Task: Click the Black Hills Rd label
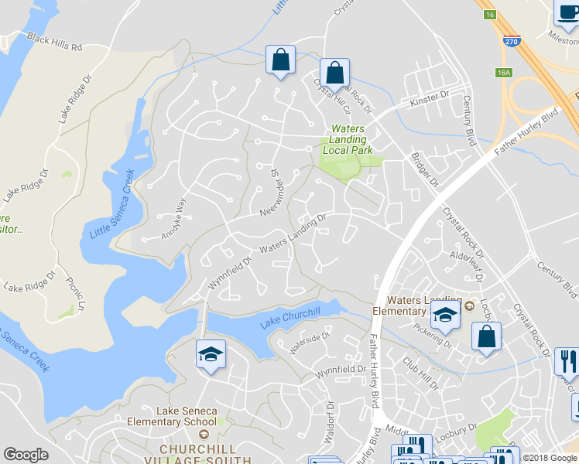coord(54,42)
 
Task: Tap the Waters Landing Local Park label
coord(352,140)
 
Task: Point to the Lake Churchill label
coord(290,317)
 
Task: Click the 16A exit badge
coord(505,73)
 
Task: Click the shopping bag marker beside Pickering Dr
coord(485,336)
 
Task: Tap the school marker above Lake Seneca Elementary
coord(211,355)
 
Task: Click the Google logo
coord(26,455)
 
